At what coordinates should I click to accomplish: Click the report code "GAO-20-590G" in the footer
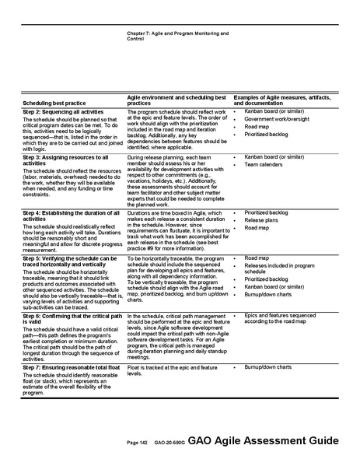169,442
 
